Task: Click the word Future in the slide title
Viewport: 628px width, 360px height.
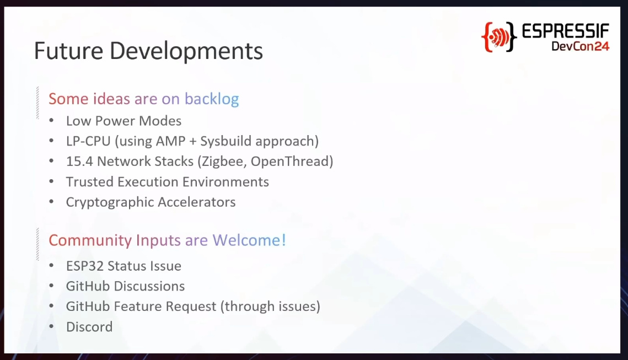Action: tap(68, 51)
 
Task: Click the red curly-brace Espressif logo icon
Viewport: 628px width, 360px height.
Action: tap(498, 37)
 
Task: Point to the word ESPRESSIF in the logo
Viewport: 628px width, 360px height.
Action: tap(566, 31)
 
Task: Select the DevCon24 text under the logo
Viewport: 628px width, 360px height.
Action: tap(581, 46)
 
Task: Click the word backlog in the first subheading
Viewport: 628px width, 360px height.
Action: tap(212, 99)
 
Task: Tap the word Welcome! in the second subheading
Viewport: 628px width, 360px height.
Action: tap(249, 240)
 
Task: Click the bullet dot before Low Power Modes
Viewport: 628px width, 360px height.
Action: tap(51, 121)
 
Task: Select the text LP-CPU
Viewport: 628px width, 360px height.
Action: tap(88, 141)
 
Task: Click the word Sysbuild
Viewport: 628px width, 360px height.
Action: tap(226, 141)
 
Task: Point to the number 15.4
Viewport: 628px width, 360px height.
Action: tap(79, 162)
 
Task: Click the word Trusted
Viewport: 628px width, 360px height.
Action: tap(90, 182)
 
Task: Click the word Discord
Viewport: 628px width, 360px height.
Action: tap(89, 327)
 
